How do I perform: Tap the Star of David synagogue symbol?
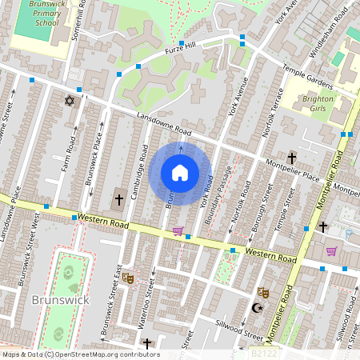(68, 101)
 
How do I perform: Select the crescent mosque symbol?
(257, 307)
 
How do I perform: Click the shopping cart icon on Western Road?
(178, 232)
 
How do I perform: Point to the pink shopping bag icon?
(331, 251)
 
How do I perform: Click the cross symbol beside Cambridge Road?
(119, 198)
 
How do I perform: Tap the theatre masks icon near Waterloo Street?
(127, 279)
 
